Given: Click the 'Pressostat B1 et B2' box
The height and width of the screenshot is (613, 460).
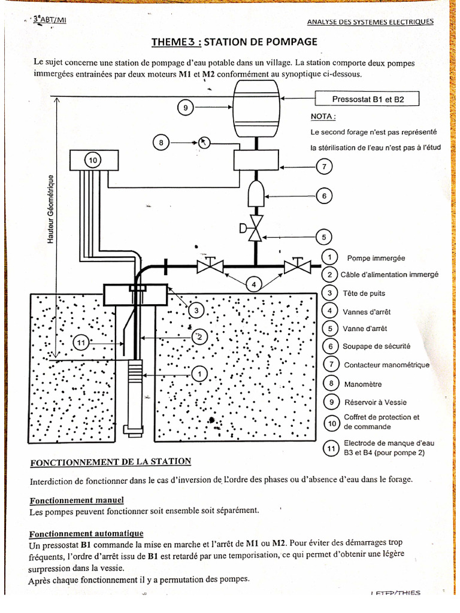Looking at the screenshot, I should click(367, 99).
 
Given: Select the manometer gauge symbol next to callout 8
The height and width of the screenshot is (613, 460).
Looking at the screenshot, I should click(205, 142).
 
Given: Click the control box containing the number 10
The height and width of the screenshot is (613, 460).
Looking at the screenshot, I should click(93, 160).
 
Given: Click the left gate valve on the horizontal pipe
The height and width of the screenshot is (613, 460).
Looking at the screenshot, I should click(210, 265).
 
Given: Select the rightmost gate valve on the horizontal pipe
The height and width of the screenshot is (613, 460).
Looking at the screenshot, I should click(297, 265).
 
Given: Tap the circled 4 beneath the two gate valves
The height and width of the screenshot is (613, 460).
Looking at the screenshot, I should click(254, 285).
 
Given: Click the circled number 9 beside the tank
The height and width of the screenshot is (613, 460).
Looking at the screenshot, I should click(185, 108).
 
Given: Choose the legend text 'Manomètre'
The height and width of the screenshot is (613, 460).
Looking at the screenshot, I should click(362, 384).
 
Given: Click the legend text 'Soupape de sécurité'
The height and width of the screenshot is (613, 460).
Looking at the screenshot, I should click(376, 347).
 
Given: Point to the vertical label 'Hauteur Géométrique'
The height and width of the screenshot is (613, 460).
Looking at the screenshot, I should click(52, 209).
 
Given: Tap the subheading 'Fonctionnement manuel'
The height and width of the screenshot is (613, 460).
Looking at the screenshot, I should click(77, 500).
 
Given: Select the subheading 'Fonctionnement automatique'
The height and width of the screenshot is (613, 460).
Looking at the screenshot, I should click(86, 533).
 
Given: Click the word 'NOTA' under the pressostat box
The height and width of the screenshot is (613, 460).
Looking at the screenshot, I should click(323, 117).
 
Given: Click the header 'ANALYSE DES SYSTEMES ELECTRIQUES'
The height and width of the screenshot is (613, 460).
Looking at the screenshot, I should click(370, 23).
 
